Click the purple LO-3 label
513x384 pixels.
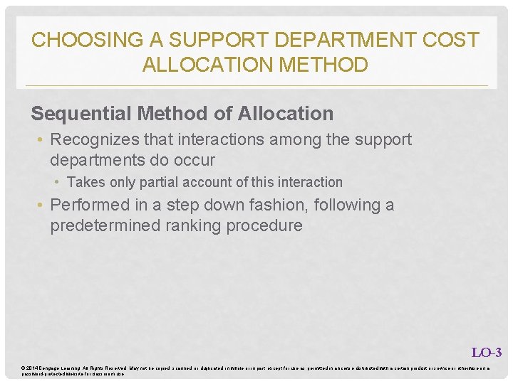pos(487,352)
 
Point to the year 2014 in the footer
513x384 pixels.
pos(33,368)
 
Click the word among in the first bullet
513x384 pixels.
pos(285,139)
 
